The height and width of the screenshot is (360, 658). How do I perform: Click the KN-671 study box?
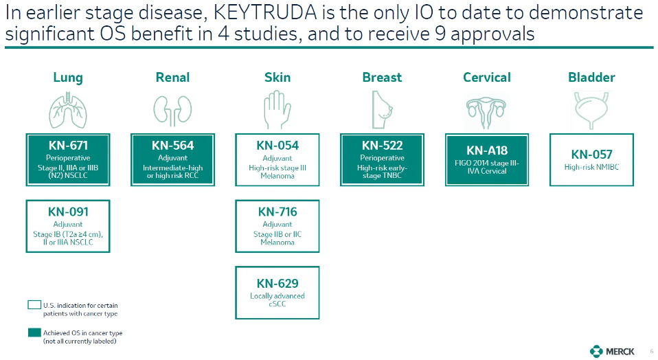[x=68, y=160]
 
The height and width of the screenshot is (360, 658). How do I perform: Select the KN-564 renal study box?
[x=172, y=160]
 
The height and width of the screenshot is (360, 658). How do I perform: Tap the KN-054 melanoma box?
[x=277, y=160]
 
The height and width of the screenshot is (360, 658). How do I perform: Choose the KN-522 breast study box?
[x=382, y=160]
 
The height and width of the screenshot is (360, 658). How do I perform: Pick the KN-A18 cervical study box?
[x=487, y=160]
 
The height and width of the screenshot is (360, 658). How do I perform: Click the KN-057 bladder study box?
[x=591, y=160]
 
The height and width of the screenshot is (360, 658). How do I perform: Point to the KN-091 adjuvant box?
[x=68, y=226]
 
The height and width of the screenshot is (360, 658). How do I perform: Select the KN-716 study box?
[x=277, y=226]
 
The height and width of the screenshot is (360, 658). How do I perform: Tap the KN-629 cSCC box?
[x=277, y=293]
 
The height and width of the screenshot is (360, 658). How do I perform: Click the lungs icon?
[x=68, y=111]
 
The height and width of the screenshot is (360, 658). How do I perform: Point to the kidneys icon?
[x=172, y=111]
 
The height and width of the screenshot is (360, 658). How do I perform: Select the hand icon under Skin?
[x=277, y=110]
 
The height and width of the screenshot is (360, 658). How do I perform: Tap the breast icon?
[x=383, y=110]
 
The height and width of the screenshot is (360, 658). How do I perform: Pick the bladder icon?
[x=591, y=111]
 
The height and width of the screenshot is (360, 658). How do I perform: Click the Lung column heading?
[x=68, y=78]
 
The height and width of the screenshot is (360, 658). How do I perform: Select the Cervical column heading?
[x=487, y=77]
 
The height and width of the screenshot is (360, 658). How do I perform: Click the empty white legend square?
[x=34, y=305]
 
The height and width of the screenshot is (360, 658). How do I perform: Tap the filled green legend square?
[x=34, y=333]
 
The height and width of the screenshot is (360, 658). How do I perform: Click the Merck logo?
[x=612, y=351]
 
